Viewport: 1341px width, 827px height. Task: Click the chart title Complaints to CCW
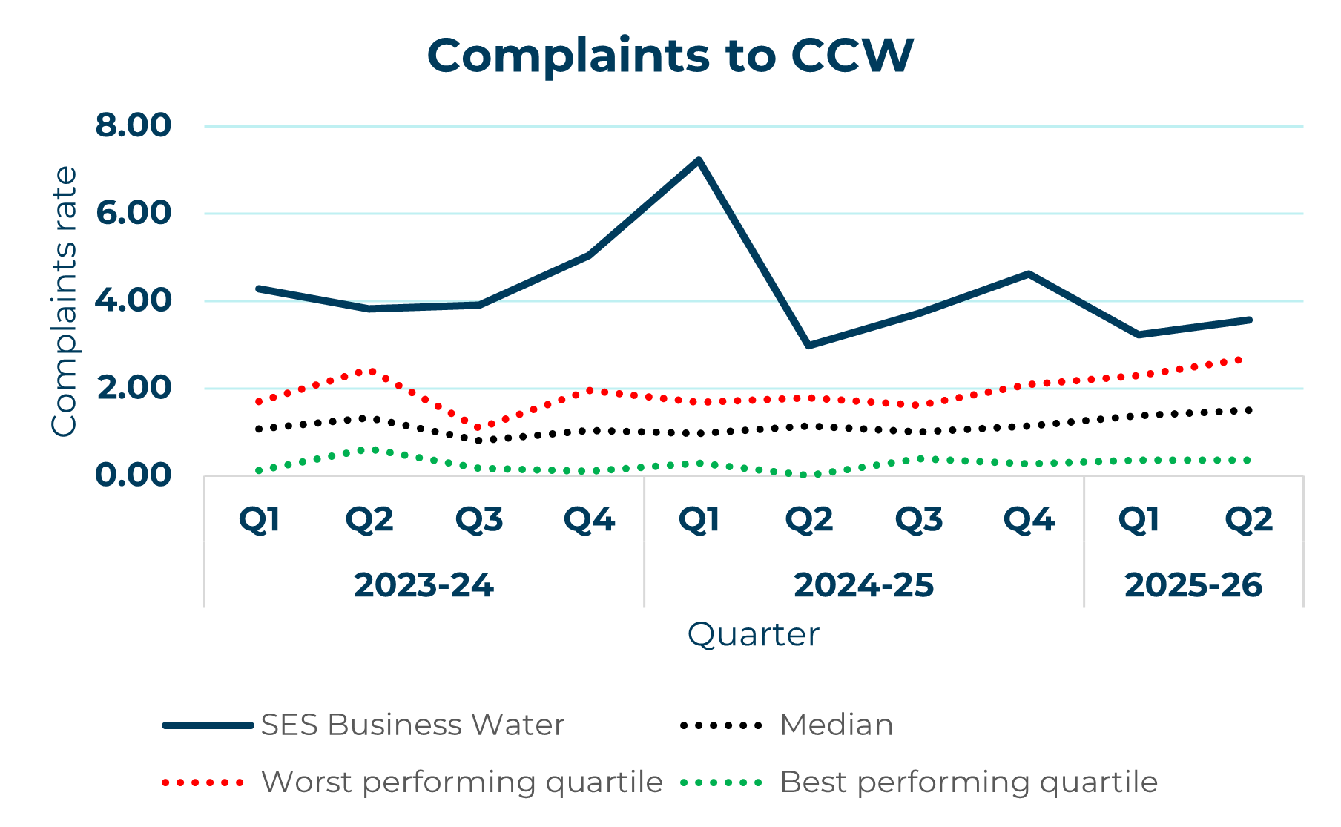point(670,56)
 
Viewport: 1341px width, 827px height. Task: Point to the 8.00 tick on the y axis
point(134,125)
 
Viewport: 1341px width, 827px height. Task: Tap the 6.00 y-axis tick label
point(134,213)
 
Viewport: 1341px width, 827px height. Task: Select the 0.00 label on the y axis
point(134,475)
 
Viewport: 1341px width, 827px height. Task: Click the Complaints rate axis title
point(64,301)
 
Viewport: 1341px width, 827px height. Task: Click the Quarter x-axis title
point(753,635)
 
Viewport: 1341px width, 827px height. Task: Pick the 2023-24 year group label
point(424,585)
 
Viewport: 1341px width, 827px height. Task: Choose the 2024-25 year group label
point(863,585)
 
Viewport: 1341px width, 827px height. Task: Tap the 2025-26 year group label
point(1193,585)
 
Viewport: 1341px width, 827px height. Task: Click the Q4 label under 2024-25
point(1029,520)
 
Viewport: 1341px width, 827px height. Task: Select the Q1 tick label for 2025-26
point(1139,520)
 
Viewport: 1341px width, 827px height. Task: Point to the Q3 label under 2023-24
point(479,520)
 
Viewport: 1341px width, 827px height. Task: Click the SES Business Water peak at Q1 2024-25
point(699,160)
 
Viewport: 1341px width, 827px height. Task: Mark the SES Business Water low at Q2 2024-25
point(808,346)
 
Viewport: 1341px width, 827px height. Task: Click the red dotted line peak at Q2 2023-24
point(369,370)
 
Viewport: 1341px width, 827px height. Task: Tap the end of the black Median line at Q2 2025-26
point(1249,410)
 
